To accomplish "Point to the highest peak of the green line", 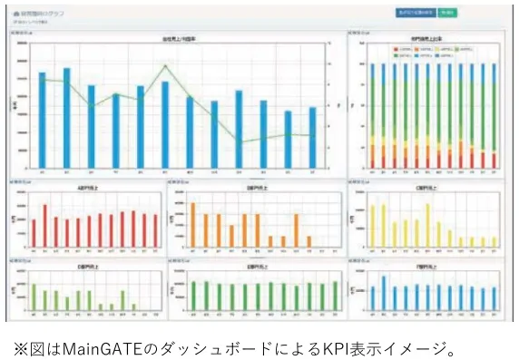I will coord(165,66).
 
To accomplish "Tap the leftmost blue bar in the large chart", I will coord(42,118).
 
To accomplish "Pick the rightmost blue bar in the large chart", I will coord(312,136).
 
